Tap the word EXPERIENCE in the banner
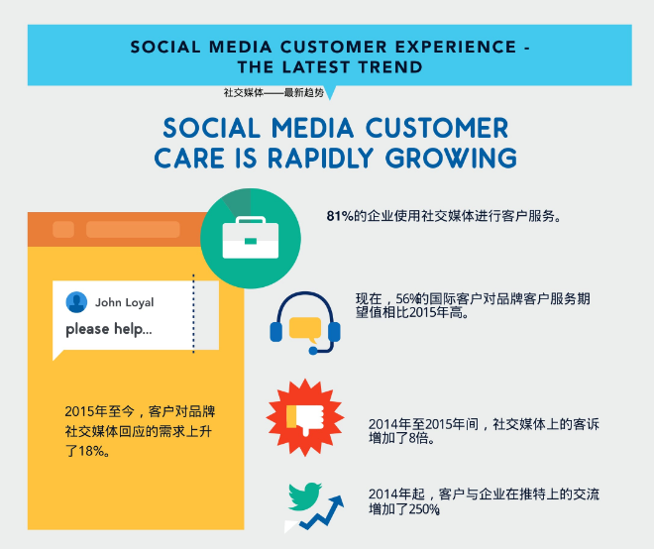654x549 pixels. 456,47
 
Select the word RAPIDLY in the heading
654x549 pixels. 320,159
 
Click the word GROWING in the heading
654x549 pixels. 451,159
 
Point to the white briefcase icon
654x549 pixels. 251,238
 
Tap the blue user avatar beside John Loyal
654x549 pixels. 76,302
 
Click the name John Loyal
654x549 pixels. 124,302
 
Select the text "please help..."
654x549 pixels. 109,329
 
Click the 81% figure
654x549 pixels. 340,216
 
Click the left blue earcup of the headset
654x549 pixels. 276,332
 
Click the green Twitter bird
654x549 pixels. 304,496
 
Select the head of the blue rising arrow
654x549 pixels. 336,501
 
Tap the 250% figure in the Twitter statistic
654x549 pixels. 424,509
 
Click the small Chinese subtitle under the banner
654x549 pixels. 273,92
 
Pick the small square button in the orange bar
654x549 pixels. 63,230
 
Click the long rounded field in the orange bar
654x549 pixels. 133,230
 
